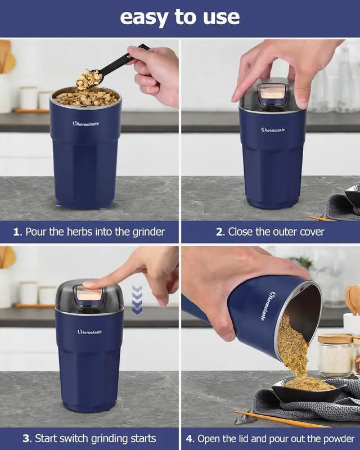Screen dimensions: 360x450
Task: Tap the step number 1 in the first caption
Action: point(17,232)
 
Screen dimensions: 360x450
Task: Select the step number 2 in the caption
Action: point(219,232)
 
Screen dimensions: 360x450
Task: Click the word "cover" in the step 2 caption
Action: point(312,232)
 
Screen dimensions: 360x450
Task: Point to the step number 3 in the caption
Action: point(27,439)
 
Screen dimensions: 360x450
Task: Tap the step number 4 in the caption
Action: point(190,439)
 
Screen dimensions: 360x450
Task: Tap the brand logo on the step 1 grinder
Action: point(85,123)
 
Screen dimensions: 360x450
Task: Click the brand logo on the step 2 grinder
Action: point(273,130)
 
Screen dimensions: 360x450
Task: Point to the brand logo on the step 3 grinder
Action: point(89,332)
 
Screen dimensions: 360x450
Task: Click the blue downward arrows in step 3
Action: point(137,299)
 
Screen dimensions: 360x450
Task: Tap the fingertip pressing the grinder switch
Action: point(88,285)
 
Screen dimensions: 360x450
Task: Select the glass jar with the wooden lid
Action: point(335,355)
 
